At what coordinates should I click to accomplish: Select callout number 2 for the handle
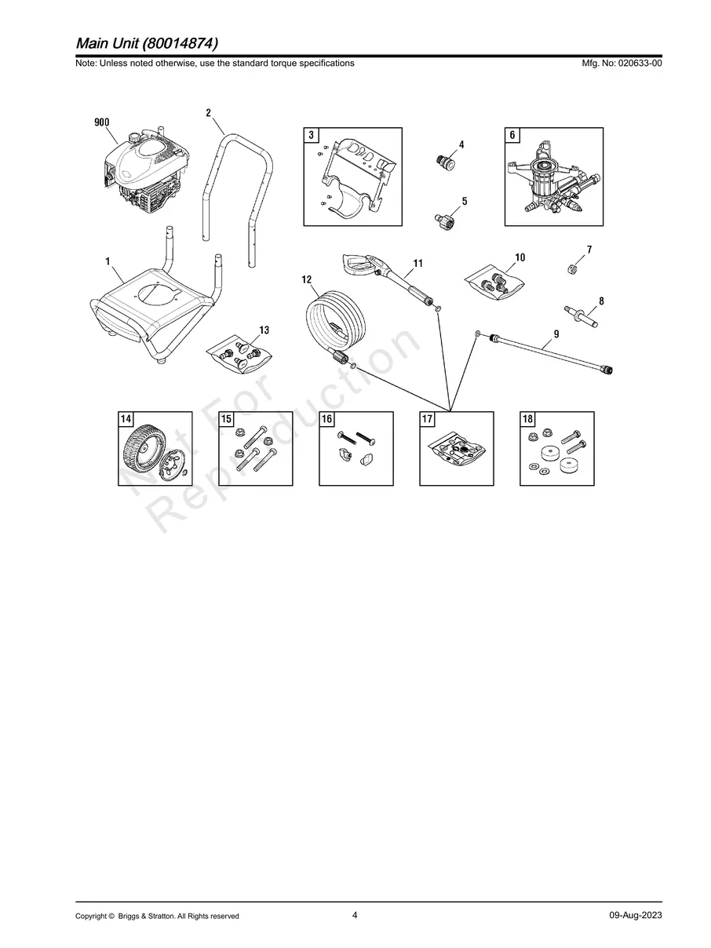point(208,113)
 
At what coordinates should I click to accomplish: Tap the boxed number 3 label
point(312,136)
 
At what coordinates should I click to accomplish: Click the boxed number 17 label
point(428,420)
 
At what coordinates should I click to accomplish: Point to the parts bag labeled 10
point(495,283)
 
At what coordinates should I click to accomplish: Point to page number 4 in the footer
point(355,915)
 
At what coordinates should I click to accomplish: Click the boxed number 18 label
point(528,420)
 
